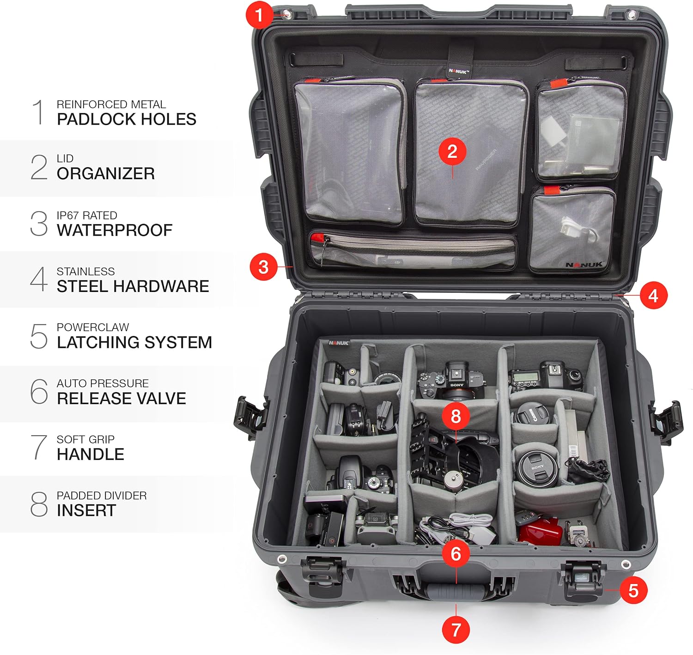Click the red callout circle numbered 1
point(259,15)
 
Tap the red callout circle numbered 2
point(452,151)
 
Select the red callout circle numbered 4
point(653,296)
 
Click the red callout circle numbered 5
point(633,590)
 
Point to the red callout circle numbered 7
point(456,629)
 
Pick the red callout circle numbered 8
point(456,416)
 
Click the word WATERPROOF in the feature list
point(115,230)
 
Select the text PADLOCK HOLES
point(127,119)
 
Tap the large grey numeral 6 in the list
point(39,392)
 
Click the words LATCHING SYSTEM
point(134,342)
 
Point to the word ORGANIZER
point(106,174)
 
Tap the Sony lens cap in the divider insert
point(537,468)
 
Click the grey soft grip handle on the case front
point(456,591)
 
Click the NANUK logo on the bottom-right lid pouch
point(584,265)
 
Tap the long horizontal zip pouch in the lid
point(412,250)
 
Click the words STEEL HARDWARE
point(133,286)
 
